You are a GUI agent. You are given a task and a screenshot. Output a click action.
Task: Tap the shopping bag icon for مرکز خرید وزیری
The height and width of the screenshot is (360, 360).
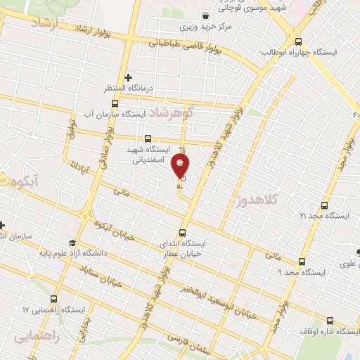205,15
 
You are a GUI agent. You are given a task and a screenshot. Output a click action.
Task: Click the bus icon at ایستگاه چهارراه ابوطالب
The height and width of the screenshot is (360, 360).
299,41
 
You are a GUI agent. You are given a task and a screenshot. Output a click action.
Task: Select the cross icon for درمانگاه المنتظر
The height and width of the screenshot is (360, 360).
128,77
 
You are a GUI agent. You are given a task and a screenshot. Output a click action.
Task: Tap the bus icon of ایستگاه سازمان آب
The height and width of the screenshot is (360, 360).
115,103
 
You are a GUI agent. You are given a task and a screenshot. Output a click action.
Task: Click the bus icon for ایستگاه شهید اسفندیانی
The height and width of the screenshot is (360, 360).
147,139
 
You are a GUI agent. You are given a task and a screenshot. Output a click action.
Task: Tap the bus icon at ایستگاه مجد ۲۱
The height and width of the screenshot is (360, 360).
323,206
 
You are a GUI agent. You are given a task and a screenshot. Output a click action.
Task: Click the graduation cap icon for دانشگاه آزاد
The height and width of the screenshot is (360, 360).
72,243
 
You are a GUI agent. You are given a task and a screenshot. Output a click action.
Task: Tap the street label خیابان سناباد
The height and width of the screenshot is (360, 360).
103,277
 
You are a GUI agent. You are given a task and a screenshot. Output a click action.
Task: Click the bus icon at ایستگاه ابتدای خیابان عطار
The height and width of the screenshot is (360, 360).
183,233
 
